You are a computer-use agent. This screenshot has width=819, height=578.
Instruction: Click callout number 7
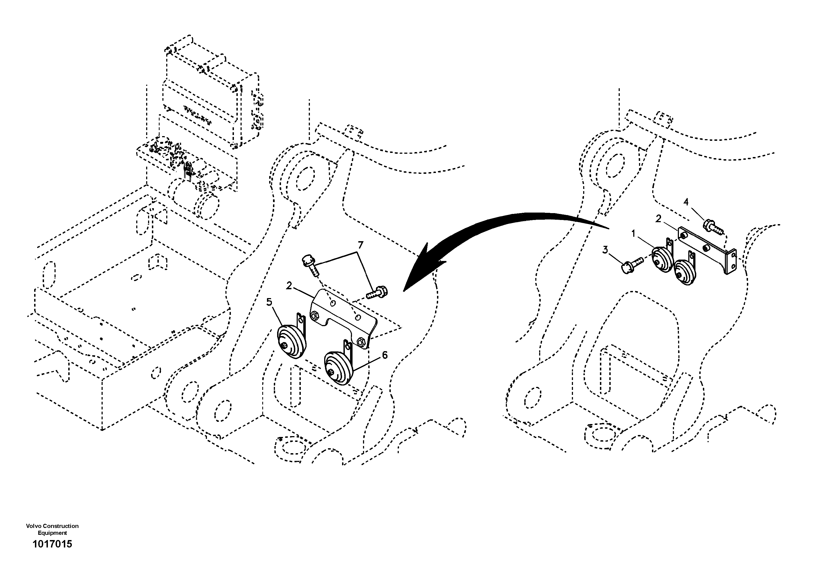[360, 245]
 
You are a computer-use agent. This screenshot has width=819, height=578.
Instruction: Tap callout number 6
[384, 355]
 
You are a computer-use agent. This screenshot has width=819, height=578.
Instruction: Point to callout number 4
[686, 202]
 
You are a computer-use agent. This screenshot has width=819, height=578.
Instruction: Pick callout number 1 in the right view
[634, 234]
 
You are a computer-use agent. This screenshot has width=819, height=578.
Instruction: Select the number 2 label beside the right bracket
[658, 218]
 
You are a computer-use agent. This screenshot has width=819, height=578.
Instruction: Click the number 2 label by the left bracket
[289, 285]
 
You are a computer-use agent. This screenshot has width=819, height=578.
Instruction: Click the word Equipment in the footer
[53, 533]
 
